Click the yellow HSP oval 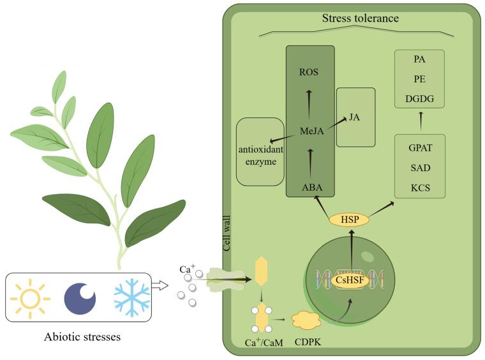coord(350,219)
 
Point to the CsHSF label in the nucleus coord(350,279)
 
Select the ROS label coord(309,72)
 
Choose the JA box coord(355,117)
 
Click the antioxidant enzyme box coord(260,152)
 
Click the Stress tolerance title coord(361,18)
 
